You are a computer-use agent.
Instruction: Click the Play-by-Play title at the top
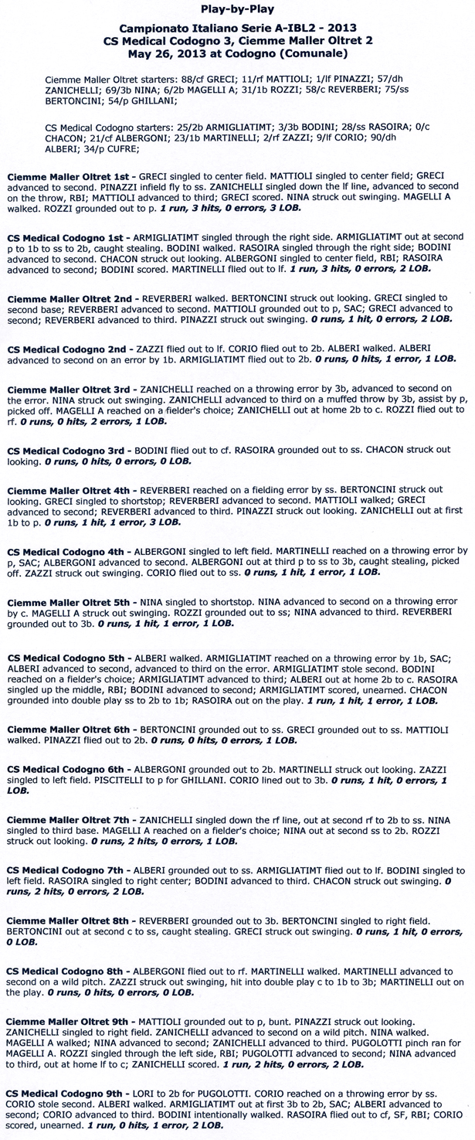click(x=237, y=10)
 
